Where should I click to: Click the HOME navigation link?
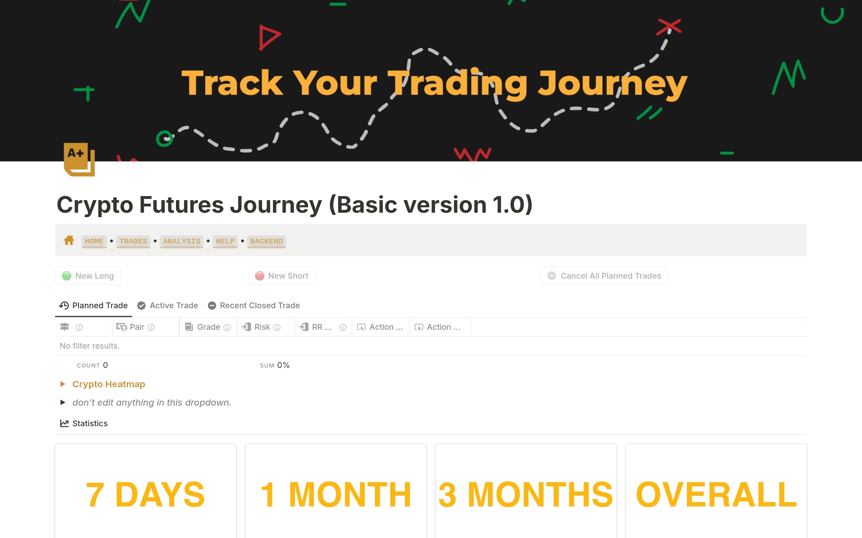tap(94, 241)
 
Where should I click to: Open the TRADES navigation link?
tap(133, 241)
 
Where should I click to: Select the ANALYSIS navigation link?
tap(181, 241)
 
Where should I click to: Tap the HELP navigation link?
tap(225, 241)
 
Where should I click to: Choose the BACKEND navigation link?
tap(266, 241)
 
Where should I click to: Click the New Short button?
tap(282, 276)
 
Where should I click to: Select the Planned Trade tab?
tap(94, 306)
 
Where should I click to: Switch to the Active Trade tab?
tap(167, 306)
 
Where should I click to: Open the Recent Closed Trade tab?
tap(254, 306)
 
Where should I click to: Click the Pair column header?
tap(136, 327)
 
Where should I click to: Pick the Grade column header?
tap(208, 327)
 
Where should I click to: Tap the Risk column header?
tap(262, 327)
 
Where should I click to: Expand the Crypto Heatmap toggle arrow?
tap(63, 384)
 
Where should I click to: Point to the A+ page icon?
tap(79, 159)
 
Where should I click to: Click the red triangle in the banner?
tap(268, 37)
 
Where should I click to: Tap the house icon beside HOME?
tap(69, 241)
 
